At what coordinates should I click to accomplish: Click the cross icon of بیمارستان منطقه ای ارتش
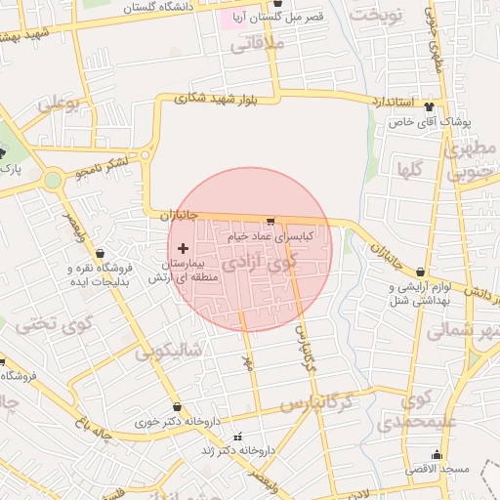click(184, 248)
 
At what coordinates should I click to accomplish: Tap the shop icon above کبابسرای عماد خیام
click(270, 222)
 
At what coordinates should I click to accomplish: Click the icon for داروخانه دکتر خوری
click(177, 407)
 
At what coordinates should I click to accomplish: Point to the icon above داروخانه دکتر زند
click(235, 436)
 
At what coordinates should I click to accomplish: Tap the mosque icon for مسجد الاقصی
click(437, 455)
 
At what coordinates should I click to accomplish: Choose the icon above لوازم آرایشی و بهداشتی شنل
click(420, 272)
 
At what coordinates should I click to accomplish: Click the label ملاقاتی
click(258, 44)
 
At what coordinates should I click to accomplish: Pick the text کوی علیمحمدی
click(403, 411)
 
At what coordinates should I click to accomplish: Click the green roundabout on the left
click(53, 180)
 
